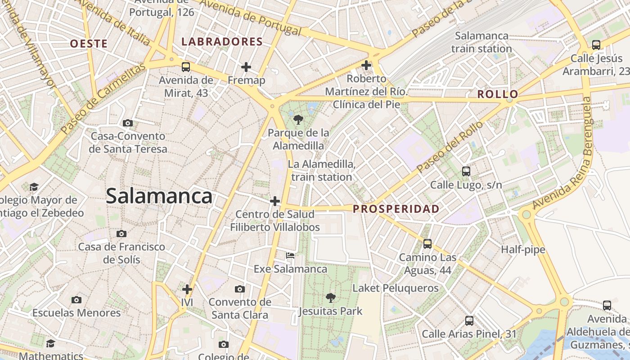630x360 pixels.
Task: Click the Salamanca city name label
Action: click(159, 196)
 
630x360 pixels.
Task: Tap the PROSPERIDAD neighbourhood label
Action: click(396, 209)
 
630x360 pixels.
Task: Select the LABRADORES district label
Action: click(222, 42)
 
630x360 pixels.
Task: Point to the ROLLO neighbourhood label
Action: click(498, 94)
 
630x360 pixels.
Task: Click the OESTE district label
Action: click(89, 44)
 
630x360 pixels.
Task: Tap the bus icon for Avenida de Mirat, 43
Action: click(185, 67)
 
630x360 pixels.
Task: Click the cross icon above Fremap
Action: click(246, 67)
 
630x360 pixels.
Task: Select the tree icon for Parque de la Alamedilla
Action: click(297, 120)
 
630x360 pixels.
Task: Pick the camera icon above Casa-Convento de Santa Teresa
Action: click(128, 123)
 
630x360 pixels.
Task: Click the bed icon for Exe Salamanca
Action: click(290, 256)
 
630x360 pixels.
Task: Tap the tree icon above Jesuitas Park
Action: click(330, 297)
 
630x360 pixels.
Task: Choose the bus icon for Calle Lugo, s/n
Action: click(466, 171)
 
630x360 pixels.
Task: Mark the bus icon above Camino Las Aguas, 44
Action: click(427, 244)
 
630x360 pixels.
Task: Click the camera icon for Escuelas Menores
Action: click(76, 300)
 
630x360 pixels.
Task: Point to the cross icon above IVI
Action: click(187, 289)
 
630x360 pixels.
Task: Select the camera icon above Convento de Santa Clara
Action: click(240, 289)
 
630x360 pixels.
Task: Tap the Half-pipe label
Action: click(523, 250)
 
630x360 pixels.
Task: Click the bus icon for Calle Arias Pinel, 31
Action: click(469, 321)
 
